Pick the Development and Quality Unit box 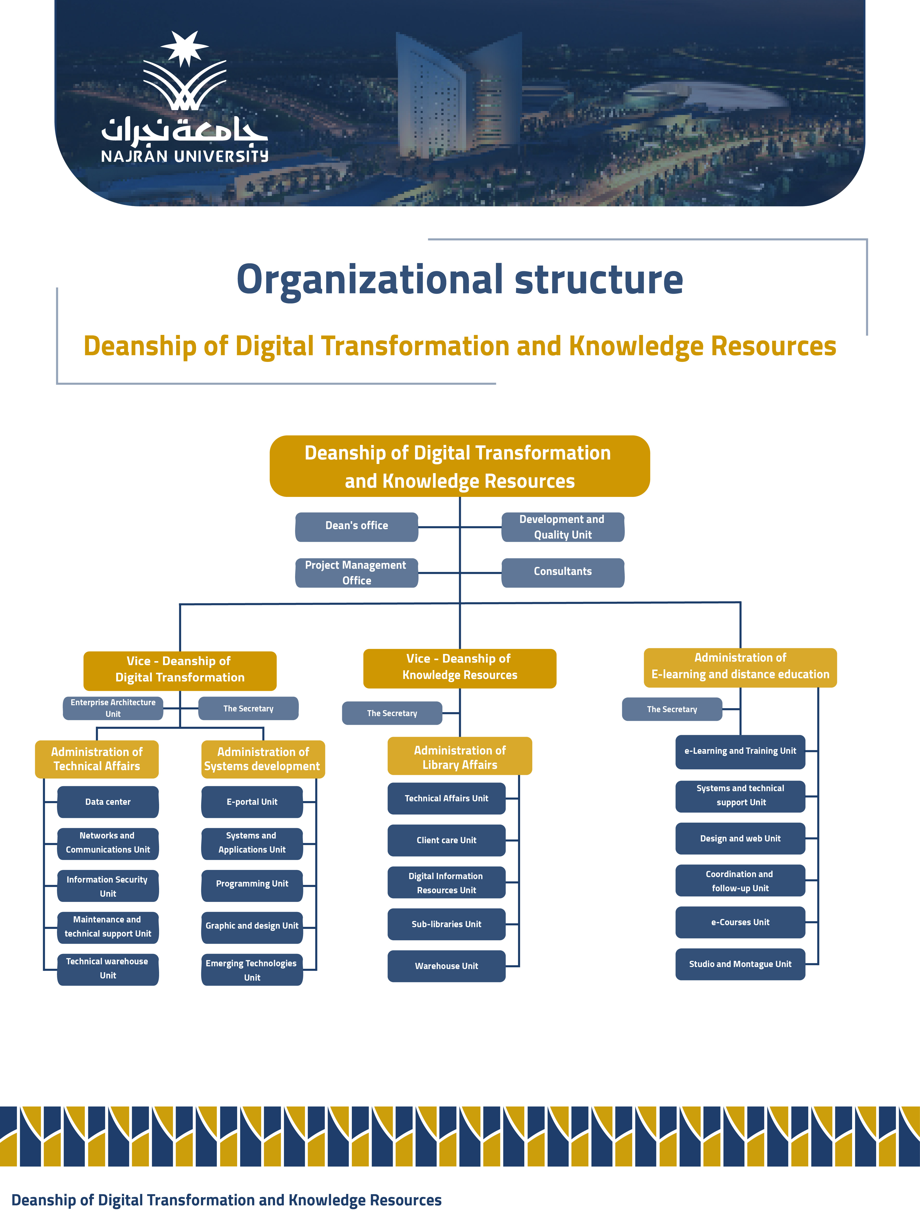tap(563, 527)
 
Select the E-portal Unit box tap(252, 802)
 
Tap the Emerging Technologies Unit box tap(252, 970)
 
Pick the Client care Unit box tap(446, 840)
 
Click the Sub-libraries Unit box tap(446, 924)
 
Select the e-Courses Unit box tap(740, 922)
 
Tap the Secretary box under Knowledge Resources tap(392, 713)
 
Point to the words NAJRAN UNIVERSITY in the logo tap(184, 156)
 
